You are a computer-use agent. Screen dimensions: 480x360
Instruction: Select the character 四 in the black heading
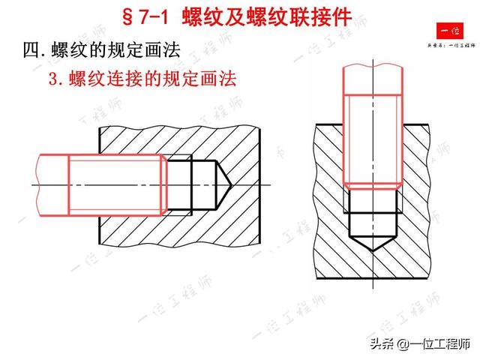32,50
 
